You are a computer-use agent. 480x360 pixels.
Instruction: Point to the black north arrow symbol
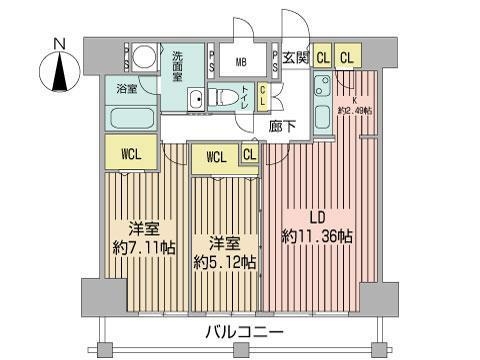[60, 73]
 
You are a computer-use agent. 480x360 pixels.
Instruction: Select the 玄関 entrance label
[295, 58]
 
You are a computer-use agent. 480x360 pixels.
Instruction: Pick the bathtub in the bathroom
[132, 117]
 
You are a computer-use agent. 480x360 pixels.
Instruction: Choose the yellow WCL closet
[131, 155]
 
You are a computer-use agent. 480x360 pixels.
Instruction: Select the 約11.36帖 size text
[317, 237]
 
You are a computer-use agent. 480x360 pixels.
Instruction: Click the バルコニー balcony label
[244, 332]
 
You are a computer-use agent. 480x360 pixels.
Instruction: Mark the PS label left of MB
[212, 59]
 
